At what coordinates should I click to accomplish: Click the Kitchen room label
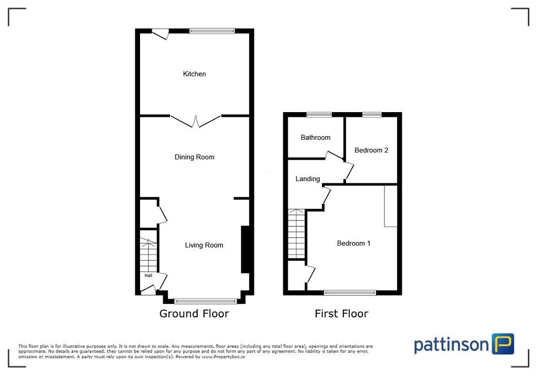click(x=194, y=74)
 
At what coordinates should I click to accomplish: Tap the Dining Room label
click(x=194, y=157)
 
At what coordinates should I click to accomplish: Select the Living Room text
click(x=204, y=245)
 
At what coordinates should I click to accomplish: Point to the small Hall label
click(x=148, y=275)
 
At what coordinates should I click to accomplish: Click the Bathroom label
click(x=315, y=138)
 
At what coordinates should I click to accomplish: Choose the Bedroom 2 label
click(x=371, y=150)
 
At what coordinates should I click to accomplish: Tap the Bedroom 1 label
click(x=353, y=244)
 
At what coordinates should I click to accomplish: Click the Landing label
click(x=307, y=179)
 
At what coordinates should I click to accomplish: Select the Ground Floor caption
click(x=194, y=314)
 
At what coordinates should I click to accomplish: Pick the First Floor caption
click(x=341, y=314)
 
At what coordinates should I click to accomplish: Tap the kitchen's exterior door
click(x=159, y=34)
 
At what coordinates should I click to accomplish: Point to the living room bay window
click(x=206, y=301)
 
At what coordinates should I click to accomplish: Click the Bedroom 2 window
click(x=371, y=115)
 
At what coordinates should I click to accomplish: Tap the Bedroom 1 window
click(x=350, y=292)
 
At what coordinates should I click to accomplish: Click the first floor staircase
click(x=296, y=234)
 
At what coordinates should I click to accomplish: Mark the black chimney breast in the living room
click(x=244, y=249)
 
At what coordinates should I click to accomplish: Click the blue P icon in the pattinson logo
click(x=502, y=344)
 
